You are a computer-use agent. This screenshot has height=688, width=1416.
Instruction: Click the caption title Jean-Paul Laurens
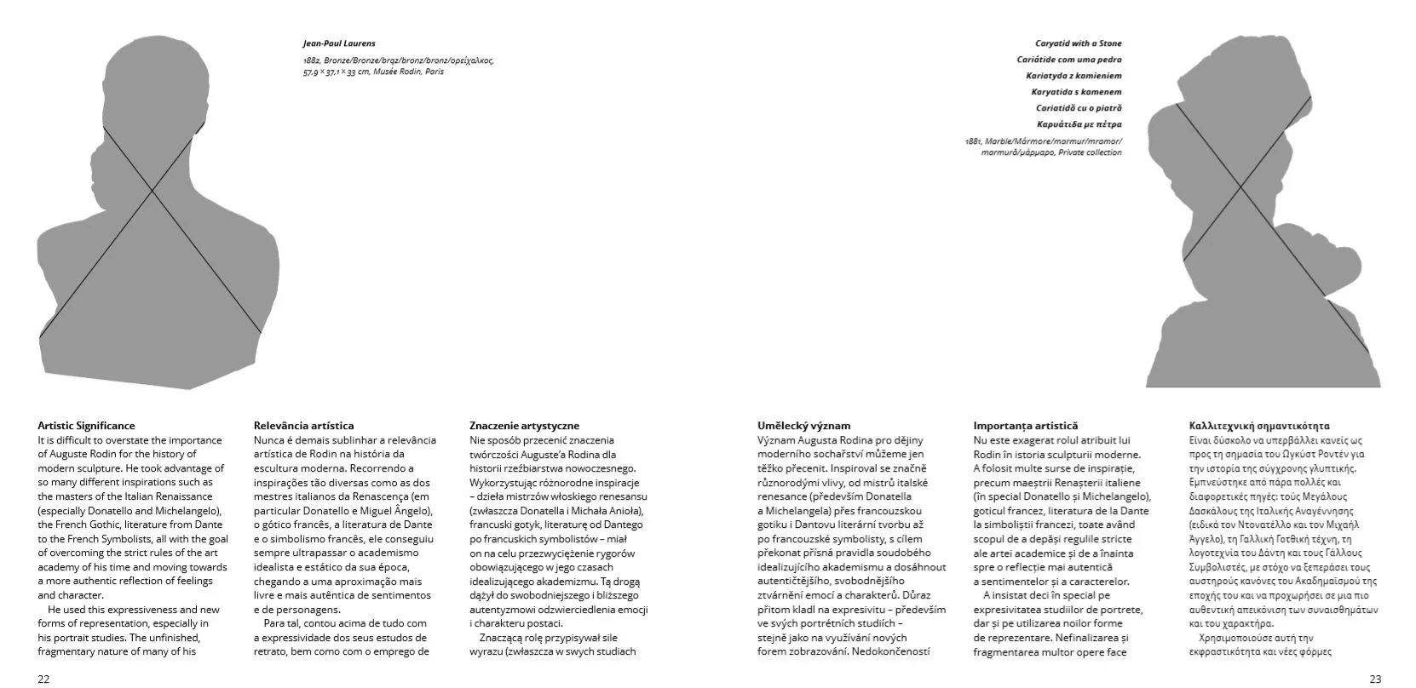pyautogui.click(x=338, y=43)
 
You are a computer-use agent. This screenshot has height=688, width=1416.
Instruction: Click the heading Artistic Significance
pyautogui.click(x=86, y=426)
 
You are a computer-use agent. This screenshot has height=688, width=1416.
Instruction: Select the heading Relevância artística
pyautogui.click(x=303, y=426)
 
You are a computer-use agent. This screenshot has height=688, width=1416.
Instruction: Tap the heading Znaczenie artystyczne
pyautogui.click(x=524, y=426)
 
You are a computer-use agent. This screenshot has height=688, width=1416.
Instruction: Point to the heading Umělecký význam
pyautogui.click(x=803, y=426)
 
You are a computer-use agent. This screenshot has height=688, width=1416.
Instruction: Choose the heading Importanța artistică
pyautogui.click(x=1025, y=426)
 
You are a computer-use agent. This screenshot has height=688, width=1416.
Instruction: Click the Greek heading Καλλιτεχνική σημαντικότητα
pyautogui.click(x=1259, y=426)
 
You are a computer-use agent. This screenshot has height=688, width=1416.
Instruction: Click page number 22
pyautogui.click(x=43, y=679)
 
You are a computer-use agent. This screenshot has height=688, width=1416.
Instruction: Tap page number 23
pyautogui.click(x=1375, y=679)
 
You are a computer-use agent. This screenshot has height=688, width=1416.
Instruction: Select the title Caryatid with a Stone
pyautogui.click(x=1078, y=43)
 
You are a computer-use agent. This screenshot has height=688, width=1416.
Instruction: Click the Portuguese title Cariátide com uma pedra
pyautogui.click(x=1068, y=60)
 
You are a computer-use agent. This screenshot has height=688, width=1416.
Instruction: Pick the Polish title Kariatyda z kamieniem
pyautogui.click(x=1074, y=76)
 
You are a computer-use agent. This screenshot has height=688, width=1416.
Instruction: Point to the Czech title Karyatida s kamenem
pyautogui.click(x=1076, y=92)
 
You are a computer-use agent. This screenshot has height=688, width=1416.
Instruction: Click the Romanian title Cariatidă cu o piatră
pyautogui.click(x=1079, y=108)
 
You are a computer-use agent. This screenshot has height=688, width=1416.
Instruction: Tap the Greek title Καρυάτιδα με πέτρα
pyautogui.click(x=1079, y=124)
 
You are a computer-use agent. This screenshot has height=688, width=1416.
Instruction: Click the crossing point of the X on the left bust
pyautogui.click(x=152, y=191)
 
